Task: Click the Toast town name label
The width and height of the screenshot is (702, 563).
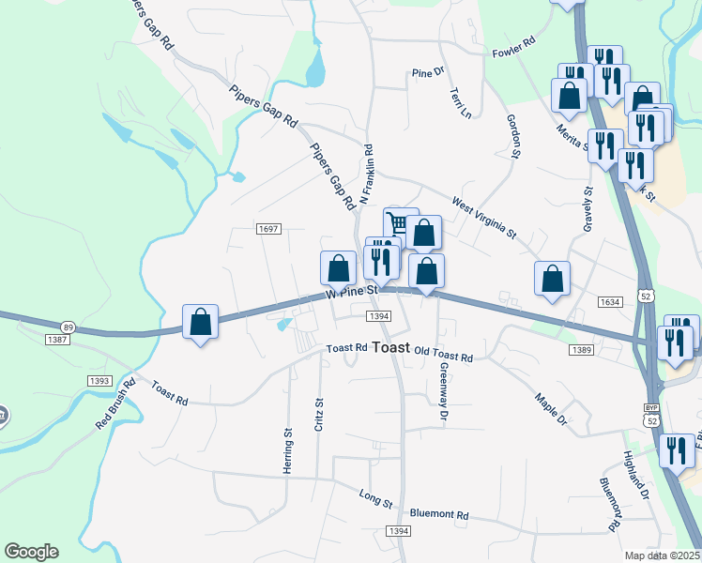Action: (x=390, y=346)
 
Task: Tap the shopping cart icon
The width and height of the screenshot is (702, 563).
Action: (x=400, y=223)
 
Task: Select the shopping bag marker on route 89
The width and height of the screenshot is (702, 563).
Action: (x=200, y=322)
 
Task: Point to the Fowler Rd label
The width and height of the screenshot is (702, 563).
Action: (x=513, y=49)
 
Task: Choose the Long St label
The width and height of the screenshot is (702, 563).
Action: (x=375, y=498)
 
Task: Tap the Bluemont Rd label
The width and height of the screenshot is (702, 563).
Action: (x=439, y=514)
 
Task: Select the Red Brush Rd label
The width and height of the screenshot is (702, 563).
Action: (x=115, y=404)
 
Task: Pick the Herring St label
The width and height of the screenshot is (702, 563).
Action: (x=288, y=449)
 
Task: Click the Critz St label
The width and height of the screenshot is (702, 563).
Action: (x=319, y=414)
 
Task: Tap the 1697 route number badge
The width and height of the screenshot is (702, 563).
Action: (x=268, y=229)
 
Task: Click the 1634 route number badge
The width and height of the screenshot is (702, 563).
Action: (x=609, y=302)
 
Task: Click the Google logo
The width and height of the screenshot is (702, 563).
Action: (x=31, y=552)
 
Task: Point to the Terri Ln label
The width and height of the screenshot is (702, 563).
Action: (x=461, y=104)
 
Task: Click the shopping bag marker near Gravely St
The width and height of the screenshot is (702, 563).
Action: (x=553, y=278)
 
